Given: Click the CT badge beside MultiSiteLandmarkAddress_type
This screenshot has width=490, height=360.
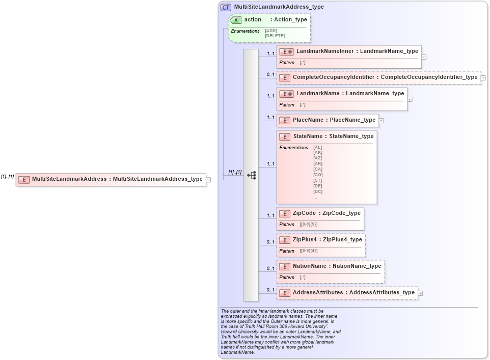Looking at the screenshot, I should click(226, 7).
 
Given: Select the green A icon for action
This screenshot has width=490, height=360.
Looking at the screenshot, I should click(236, 20).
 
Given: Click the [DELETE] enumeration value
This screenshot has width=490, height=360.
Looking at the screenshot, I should click(275, 36).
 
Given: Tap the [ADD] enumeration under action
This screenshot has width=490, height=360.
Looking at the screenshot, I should click(271, 31).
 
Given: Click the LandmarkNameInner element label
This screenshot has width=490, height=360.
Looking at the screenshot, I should click(325, 51).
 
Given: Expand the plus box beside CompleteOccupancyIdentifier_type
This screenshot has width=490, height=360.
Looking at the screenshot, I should click(483, 78).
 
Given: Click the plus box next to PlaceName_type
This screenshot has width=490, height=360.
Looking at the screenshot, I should click(381, 121).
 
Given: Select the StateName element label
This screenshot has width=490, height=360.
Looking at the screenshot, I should click(307, 136).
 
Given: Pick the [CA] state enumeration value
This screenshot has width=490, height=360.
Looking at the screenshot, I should click(317, 169).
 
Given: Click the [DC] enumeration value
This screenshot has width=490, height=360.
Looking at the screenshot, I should click(317, 191).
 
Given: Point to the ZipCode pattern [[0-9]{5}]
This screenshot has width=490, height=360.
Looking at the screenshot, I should click(308, 225).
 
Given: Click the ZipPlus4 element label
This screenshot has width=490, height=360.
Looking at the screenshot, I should click(307, 239).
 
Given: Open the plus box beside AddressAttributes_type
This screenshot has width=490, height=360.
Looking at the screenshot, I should click(420, 293).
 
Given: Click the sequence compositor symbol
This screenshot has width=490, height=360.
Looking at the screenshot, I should click(251, 175).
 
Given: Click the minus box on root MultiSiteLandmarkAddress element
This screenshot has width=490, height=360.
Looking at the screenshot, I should click(208, 179).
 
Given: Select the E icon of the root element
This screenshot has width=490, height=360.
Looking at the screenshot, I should click(24, 179).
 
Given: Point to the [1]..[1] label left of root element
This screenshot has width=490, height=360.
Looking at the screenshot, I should click(7, 177).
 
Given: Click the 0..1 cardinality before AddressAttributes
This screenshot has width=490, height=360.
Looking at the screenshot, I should click(270, 290).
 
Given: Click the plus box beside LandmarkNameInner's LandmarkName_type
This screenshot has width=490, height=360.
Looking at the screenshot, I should click(424, 57).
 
